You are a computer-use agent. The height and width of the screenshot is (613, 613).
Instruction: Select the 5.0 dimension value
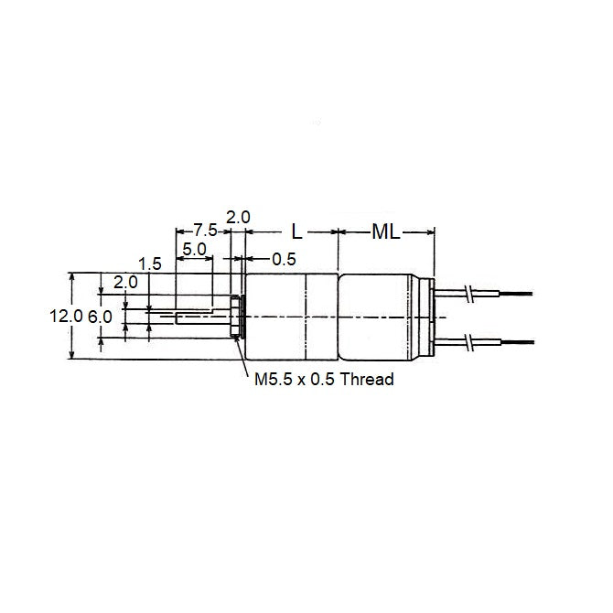[x=194, y=249]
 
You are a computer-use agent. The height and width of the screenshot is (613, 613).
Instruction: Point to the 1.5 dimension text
[x=151, y=263]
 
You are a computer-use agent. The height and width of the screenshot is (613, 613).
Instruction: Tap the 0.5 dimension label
[x=285, y=260]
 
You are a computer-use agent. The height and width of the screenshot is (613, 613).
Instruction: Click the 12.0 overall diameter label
[x=65, y=316]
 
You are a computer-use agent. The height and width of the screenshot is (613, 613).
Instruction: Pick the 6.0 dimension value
[x=102, y=316]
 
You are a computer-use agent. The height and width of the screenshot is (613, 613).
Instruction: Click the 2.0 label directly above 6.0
[x=125, y=283]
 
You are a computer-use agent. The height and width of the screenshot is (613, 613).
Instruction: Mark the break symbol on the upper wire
[x=468, y=293]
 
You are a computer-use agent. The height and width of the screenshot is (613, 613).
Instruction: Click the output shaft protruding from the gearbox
[x=192, y=315]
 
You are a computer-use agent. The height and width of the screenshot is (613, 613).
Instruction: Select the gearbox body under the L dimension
[x=291, y=317]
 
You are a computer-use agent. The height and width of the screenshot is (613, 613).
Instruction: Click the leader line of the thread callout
[x=242, y=357]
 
